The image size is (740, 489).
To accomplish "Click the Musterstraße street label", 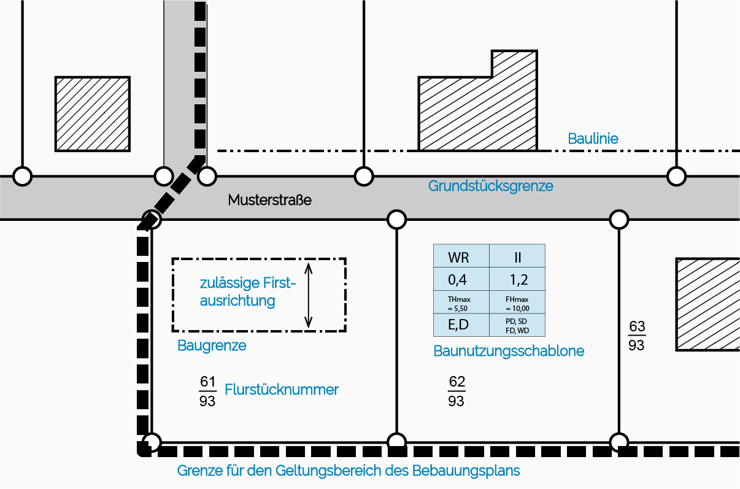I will click(x=270, y=200).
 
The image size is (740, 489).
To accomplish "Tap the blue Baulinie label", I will click(x=593, y=138).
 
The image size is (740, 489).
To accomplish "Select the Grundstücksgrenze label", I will click(x=490, y=185).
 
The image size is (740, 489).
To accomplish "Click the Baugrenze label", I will click(x=212, y=345).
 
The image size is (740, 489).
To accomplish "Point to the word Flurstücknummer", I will click(x=282, y=389).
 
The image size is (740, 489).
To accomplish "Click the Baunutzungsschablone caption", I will click(x=509, y=351).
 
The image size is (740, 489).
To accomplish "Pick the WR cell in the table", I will click(x=461, y=256).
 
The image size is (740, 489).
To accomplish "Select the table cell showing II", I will click(x=517, y=256).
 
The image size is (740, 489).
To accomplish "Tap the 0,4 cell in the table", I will click(x=461, y=280).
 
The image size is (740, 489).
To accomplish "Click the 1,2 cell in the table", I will click(x=517, y=280).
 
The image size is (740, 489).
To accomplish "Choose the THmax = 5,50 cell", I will click(x=461, y=302).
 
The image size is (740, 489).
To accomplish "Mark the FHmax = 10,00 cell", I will click(x=517, y=302).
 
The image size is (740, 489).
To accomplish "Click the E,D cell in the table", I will click(x=461, y=325).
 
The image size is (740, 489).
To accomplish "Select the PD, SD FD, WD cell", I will click(x=517, y=325).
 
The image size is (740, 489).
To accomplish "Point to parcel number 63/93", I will click(x=636, y=336).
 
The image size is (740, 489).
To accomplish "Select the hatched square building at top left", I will click(x=93, y=114).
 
